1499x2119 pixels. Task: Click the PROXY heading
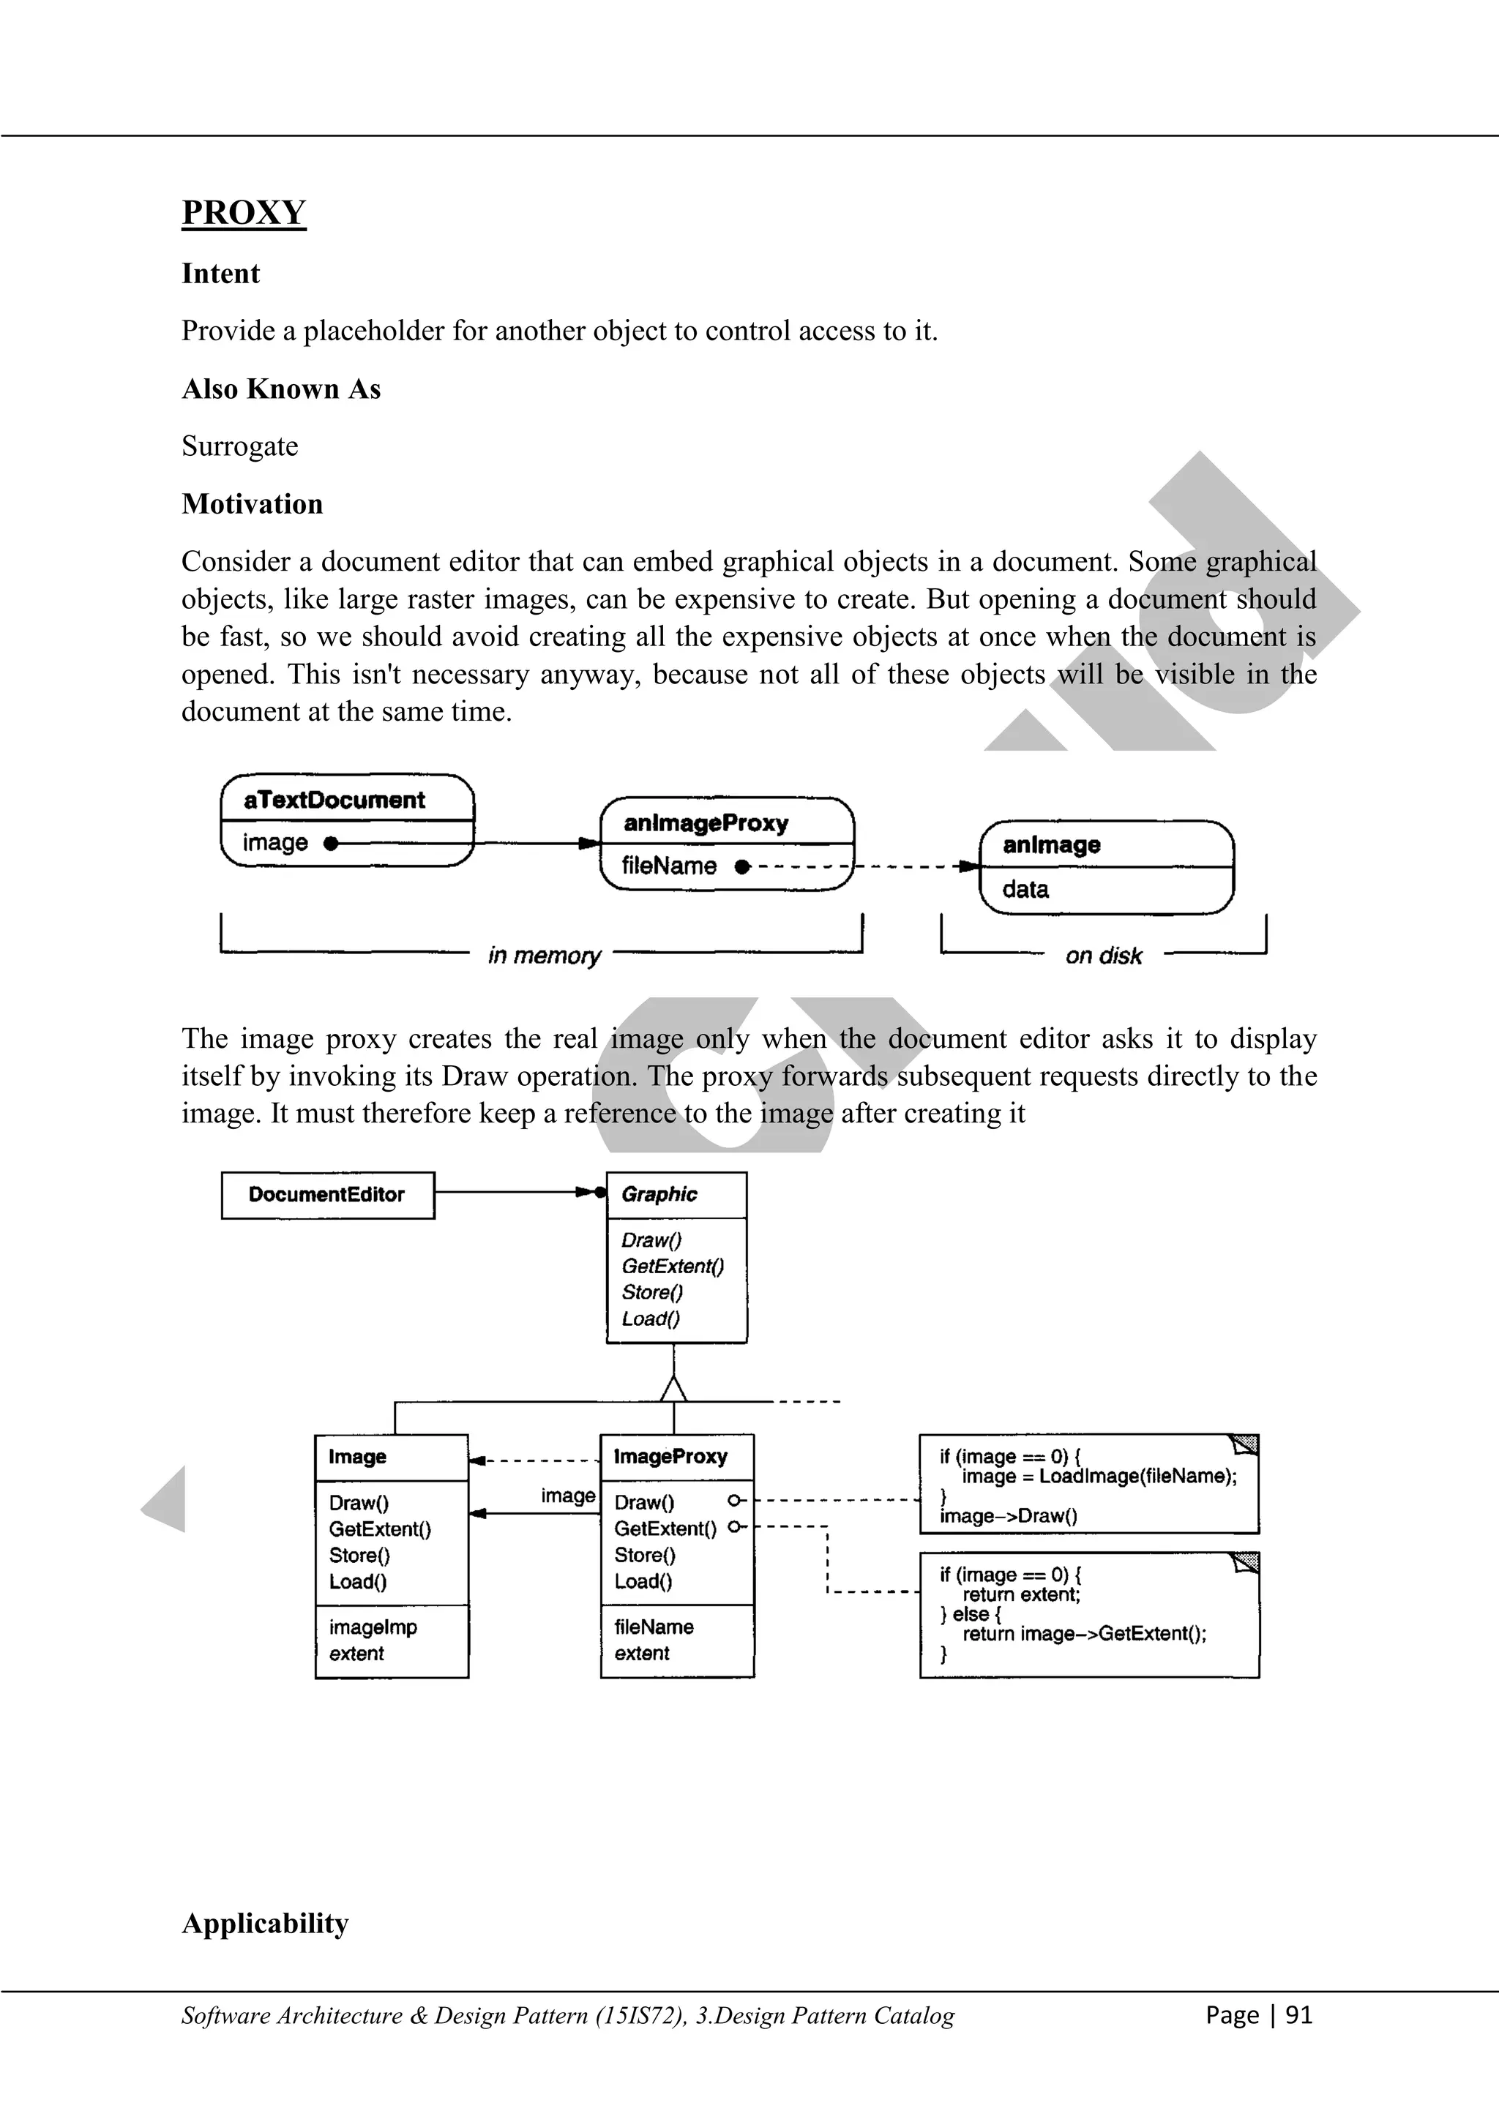[x=244, y=212]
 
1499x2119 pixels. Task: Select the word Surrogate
[x=240, y=446]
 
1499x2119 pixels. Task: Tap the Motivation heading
[x=252, y=504]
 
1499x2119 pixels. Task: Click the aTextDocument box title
[x=334, y=800]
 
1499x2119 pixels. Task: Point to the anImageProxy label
[x=706, y=823]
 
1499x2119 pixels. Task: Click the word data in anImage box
[x=1025, y=890]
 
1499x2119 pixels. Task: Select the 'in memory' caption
[x=544, y=955]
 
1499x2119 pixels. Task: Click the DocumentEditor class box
[x=326, y=1195]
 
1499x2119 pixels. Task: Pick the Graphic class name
[x=659, y=1194]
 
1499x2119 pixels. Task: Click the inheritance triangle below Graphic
[x=674, y=1389]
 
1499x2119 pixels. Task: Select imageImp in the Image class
[x=373, y=1627]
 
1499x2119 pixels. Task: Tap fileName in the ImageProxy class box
[x=654, y=1627]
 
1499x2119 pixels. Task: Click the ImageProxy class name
[x=671, y=1456]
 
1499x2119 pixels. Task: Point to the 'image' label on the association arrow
[x=568, y=1495]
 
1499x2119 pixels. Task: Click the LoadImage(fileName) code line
[x=1099, y=1476]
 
